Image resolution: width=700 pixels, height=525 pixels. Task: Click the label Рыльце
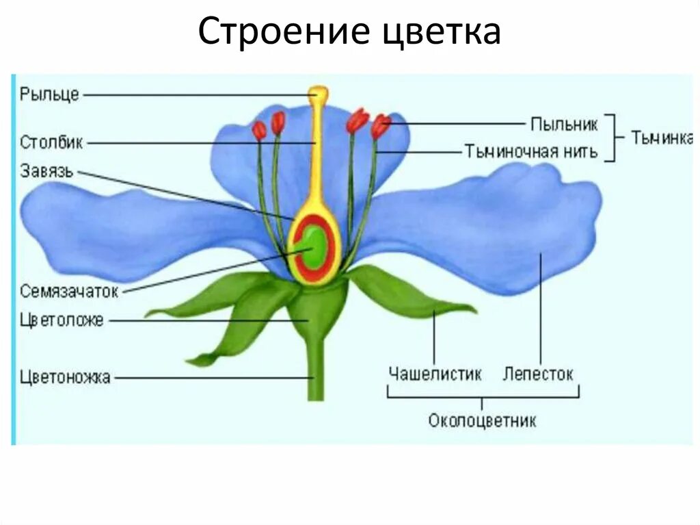coord(50,94)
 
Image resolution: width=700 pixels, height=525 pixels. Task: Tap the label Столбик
coord(51,143)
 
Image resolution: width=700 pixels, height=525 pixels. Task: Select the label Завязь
coord(46,170)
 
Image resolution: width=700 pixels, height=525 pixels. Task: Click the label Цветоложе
coord(62,320)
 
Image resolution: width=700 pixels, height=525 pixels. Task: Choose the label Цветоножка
coord(66,376)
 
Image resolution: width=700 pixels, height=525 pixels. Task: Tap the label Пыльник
coord(564,124)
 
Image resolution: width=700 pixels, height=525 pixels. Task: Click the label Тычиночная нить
coord(531,151)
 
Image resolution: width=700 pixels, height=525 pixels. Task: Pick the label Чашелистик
coord(435,374)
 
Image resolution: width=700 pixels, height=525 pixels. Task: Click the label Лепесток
coord(538,374)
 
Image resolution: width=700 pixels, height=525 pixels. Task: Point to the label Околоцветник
coord(482,420)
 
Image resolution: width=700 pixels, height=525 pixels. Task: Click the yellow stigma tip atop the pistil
coord(317,94)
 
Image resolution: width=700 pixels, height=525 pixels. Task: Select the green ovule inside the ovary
coord(314,248)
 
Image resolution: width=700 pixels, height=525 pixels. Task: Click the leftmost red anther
coord(259,129)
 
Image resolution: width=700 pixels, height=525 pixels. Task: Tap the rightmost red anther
coord(381,126)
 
